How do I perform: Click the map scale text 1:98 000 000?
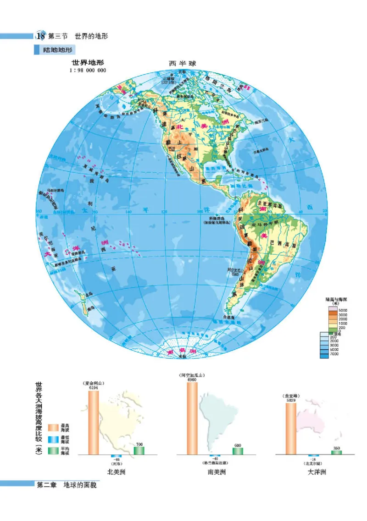coord(88,70)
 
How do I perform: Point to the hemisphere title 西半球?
coord(182,64)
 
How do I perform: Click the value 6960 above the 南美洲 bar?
coord(192,380)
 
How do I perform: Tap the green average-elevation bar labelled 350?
coord(336,452)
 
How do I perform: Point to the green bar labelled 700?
coord(139,450)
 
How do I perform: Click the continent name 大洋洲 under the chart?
coord(317,472)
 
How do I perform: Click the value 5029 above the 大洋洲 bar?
coord(291,400)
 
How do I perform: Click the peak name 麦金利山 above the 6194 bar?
coord(94,383)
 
